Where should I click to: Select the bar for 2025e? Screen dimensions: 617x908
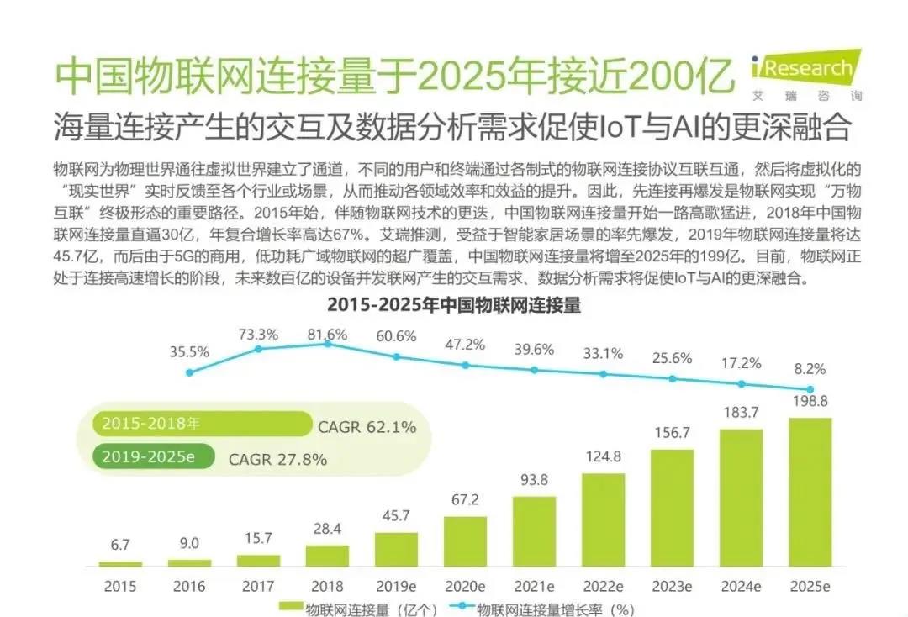pyautogui.click(x=810, y=491)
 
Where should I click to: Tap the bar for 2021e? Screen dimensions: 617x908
pyautogui.click(x=534, y=530)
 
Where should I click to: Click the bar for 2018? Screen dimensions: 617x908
pyautogui.click(x=327, y=555)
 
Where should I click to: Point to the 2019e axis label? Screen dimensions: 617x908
pyautogui.click(x=396, y=584)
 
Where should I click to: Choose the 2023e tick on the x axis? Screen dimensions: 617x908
pyautogui.click(x=672, y=584)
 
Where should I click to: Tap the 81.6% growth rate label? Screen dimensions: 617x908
pyautogui.click(x=327, y=335)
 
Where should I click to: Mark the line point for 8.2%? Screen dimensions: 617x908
pyautogui.click(x=810, y=389)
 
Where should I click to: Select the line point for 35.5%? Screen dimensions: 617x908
pyautogui.click(x=189, y=372)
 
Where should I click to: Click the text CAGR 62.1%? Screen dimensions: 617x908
pyautogui.click(x=367, y=427)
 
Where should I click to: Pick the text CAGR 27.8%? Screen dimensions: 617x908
pyautogui.click(x=277, y=459)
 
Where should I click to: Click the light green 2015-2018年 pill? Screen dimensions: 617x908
pyautogui.click(x=202, y=425)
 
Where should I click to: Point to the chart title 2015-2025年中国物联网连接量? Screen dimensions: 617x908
pyautogui.click(x=453, y=304)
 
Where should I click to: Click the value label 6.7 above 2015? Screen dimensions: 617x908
pyautogui.click(x=120, y=546)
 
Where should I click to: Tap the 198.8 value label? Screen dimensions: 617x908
pyautogui.click(x=810, y=402)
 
